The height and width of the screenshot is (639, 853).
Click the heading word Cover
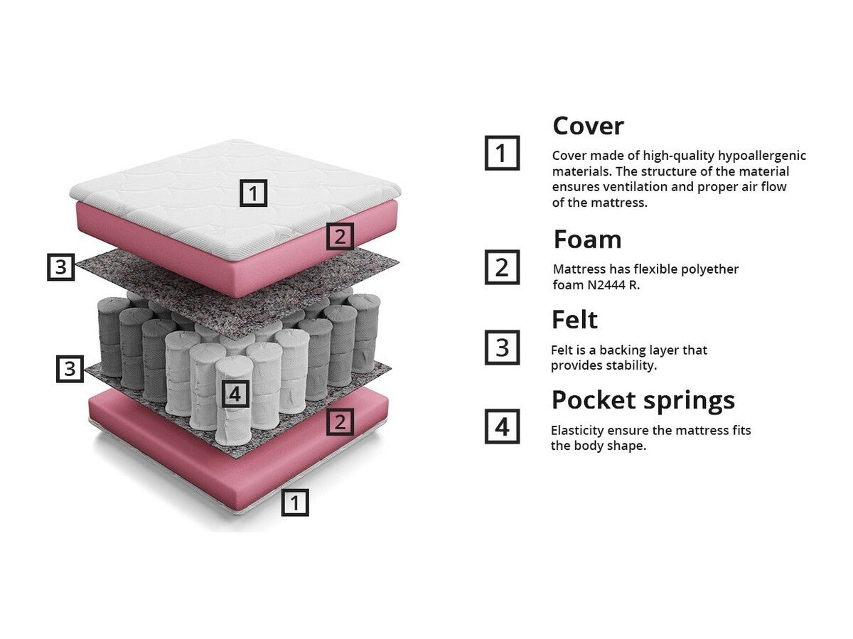coord(588,127)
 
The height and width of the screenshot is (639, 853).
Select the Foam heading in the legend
coord(587,240)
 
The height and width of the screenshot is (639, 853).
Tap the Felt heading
coord(574,320)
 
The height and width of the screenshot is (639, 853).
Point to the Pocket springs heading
coord(643,400)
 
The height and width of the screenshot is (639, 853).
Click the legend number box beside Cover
coord(502,153)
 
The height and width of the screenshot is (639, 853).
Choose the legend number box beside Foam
coord(502,267)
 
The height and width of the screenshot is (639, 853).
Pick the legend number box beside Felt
coord(502,348)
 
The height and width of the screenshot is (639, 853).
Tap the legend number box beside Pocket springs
coord(502,426)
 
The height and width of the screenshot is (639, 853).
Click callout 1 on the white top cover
coord(254,193)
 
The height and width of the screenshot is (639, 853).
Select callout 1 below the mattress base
coord(295,503)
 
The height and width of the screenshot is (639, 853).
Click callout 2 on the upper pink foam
coord(340,236)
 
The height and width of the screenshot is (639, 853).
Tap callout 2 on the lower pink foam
coord(340,422)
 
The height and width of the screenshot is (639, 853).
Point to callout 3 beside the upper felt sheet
coord(61,267)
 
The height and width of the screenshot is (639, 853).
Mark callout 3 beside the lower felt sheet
coord(70,369)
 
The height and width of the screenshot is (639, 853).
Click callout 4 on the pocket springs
coord(235,393)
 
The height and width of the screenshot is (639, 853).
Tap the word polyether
coord(709,269)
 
